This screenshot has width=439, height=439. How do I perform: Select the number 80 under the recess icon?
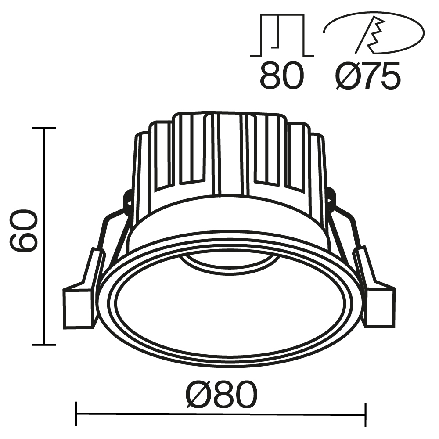[x=281, y=76]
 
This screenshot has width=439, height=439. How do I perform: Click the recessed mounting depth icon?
[x=282, y=36]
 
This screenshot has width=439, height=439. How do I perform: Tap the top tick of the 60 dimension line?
[x=43, y=128]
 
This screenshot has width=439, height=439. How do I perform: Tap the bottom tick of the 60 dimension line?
[x=43, y=345]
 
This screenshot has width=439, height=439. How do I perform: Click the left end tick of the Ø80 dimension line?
[x=76, y=414]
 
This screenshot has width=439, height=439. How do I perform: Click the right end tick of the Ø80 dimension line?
[x=365, y=414]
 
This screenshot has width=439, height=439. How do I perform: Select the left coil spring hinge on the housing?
[x=128, y=200]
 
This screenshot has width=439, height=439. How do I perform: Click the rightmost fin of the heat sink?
[x=317, y=176]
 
